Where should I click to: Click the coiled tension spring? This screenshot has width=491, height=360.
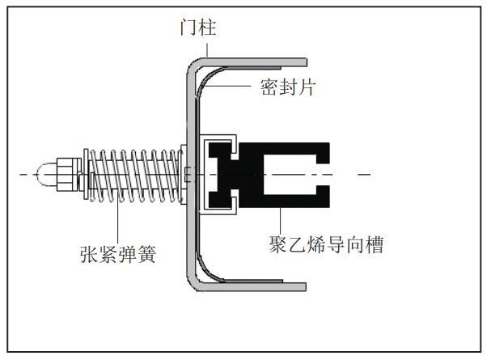point(138,173)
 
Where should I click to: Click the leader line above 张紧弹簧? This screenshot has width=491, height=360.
point(118,218)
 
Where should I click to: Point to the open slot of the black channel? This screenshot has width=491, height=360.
point(307,173)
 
